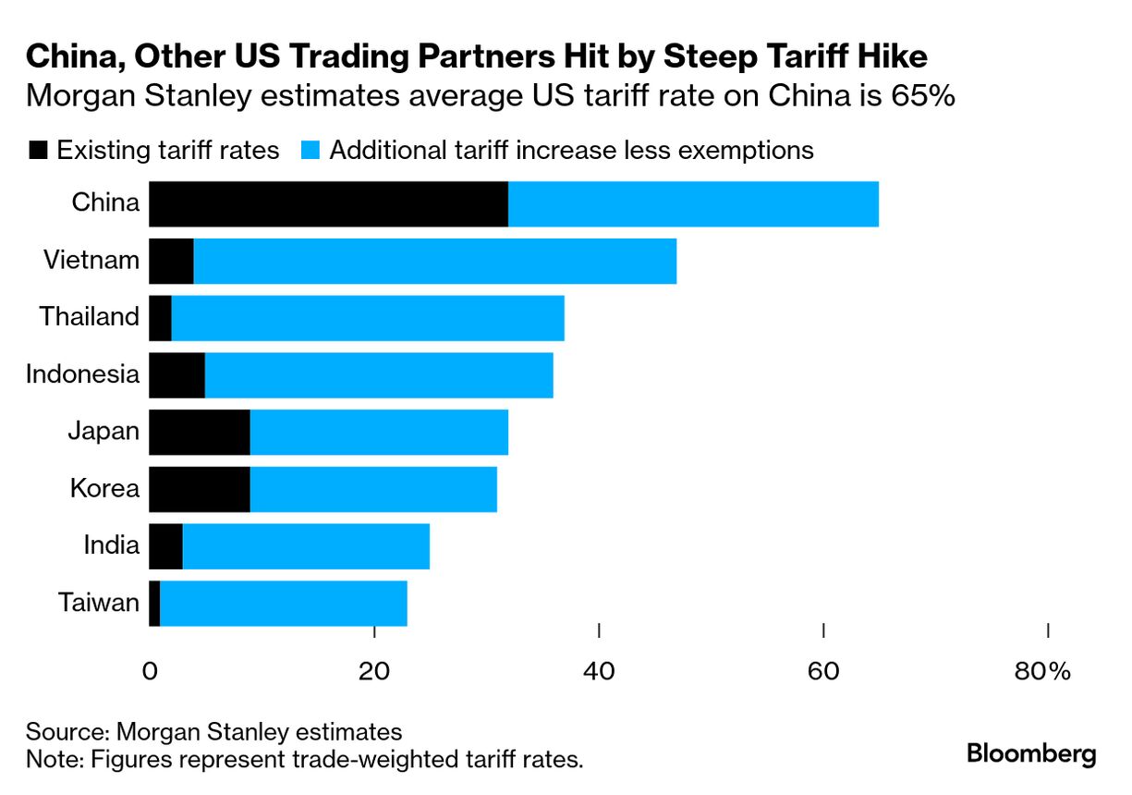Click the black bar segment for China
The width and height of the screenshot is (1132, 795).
(328, 203)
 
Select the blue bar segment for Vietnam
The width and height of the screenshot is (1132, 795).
(434, 261)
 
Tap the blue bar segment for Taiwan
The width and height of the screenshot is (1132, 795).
(283, 605)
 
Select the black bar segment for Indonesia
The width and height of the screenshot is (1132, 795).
(176, 375)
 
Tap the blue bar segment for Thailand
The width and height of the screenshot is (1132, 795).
(368, 318)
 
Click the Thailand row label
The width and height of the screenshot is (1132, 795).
(89, 317)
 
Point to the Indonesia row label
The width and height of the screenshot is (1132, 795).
(82, 374)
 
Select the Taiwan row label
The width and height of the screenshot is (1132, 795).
(99, 604)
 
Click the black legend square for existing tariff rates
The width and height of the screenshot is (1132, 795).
(38, 151)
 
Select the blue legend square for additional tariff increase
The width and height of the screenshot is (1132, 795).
(310, 151)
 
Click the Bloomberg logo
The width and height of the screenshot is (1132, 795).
(1031, 753)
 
